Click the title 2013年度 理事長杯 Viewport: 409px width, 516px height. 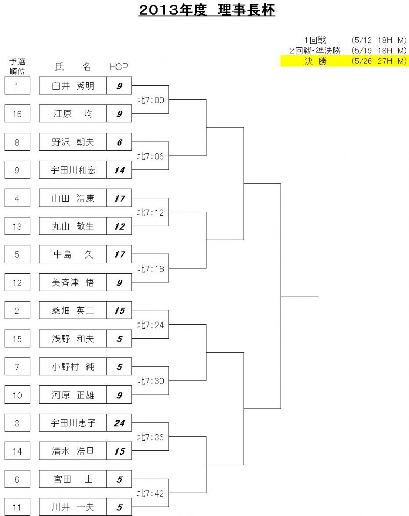pyautogui.click(x=207, y=10)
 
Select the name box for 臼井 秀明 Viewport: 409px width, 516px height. pyautogui.click(x=73, y=86)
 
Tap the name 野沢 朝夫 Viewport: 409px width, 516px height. pyautogui.click(x=73, y=142)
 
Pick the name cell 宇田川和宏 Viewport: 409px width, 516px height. pyautogui.click(x=73, y=170)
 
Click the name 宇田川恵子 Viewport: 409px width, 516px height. pyautogui.click(x=73, y=423)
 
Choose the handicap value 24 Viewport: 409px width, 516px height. pyautogui.click(x=119, y=423)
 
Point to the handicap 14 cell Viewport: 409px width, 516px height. pyautogui.click(x=119, y=170)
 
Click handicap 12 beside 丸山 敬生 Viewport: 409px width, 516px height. pyautogui.click(x=120, y=226)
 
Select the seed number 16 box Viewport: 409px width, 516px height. pyautogui.click(x=17, y=114)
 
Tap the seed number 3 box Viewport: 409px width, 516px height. pyautogui.click(x=17, y=423)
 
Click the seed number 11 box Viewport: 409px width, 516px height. pyautogui.click(x=17, y=507)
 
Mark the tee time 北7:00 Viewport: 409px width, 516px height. pyautogui.click(x=150, y=100)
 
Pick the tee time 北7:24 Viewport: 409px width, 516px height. pyautogui.click(x=150, y=325)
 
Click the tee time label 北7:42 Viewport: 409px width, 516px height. pyautogui.click(x=150, y=493)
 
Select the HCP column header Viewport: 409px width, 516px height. pyautogui.click(x=119, y=67)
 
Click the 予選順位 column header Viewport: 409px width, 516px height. pyautogui.click(x=17, y=66)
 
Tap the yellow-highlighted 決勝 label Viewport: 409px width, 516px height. pyautogui.click(x=315, y=61)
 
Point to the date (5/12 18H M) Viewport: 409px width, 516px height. pyautogui.click(x=379, y=40)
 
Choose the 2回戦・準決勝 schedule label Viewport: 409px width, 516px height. pyautogui.click(x=315, y=51)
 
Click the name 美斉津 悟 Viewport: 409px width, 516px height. pyautogui.click(x=73, y=282)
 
